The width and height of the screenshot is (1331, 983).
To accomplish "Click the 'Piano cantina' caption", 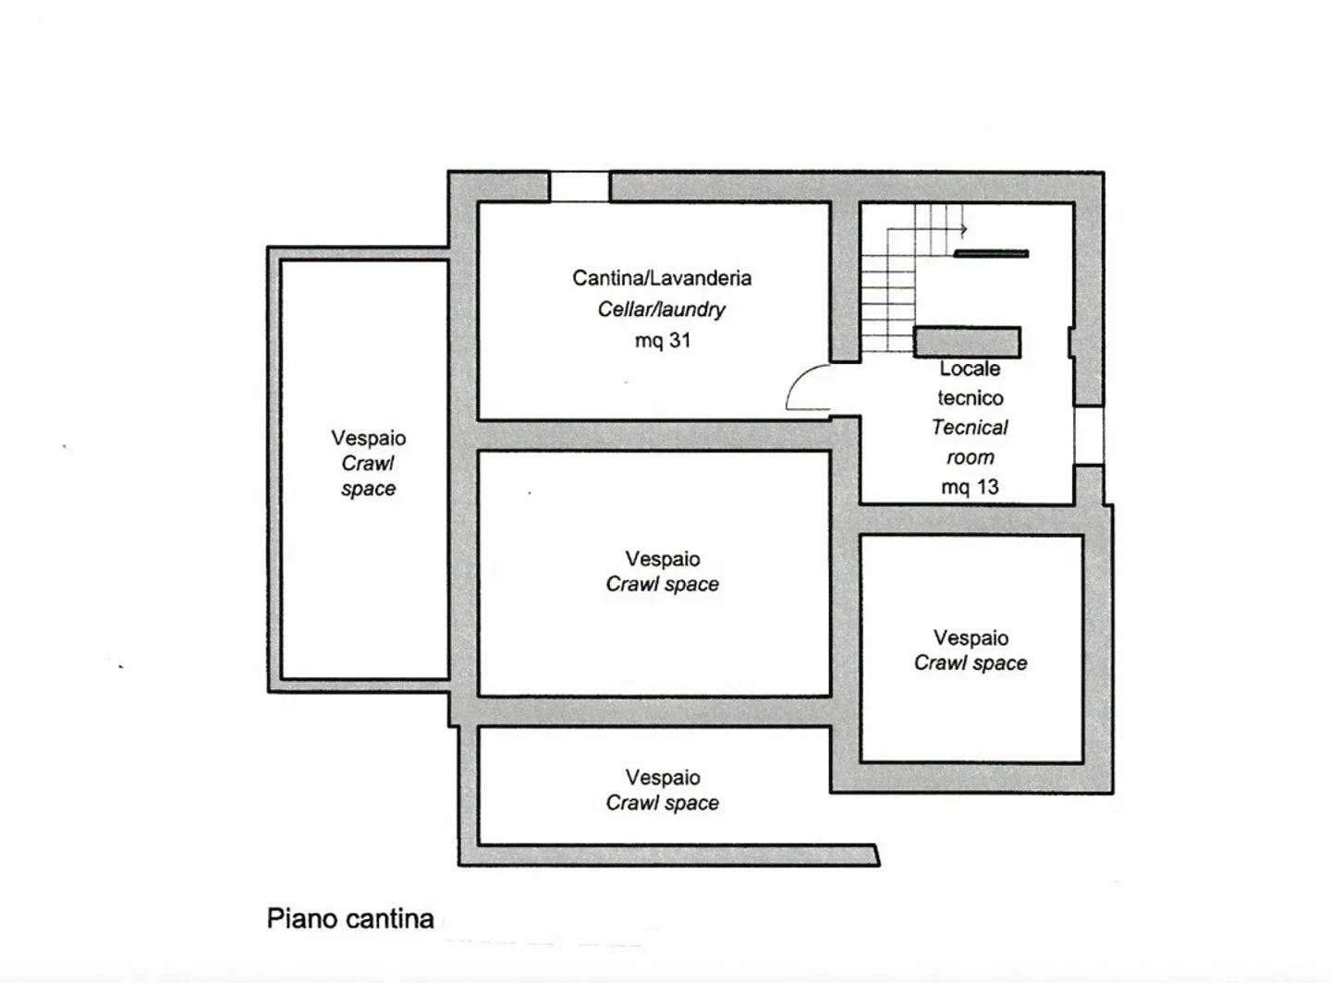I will point(350,918).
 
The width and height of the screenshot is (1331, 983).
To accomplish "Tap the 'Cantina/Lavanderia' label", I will point(661,278).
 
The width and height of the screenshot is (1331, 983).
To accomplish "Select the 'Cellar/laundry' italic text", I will point(661,309).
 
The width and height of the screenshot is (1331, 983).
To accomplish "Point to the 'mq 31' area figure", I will point(662,341).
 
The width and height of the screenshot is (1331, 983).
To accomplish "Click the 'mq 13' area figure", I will point(970,487).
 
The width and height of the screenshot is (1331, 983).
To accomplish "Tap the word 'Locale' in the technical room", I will point(970,369).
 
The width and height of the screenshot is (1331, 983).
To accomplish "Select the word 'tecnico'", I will point(970,398).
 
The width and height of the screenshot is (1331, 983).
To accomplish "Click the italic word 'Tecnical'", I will point(970,428).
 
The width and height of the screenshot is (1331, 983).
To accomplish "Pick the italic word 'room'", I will point(970,457).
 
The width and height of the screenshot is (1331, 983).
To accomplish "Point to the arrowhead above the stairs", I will point(963,229).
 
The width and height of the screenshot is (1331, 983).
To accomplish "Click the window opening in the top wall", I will point(580,187).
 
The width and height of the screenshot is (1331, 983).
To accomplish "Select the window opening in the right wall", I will point(1089,435).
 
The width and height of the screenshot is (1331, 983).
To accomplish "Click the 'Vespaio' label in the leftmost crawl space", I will point(368,438).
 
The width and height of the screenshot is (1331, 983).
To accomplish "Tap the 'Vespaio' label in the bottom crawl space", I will point(662,778).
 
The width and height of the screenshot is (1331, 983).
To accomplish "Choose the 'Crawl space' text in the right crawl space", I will point(971,663).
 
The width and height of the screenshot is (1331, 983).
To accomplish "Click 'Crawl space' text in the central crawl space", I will point(662,585).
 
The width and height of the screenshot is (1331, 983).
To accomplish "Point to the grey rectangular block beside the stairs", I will point(967,342).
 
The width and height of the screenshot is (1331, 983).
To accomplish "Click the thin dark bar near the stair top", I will point(991,253).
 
